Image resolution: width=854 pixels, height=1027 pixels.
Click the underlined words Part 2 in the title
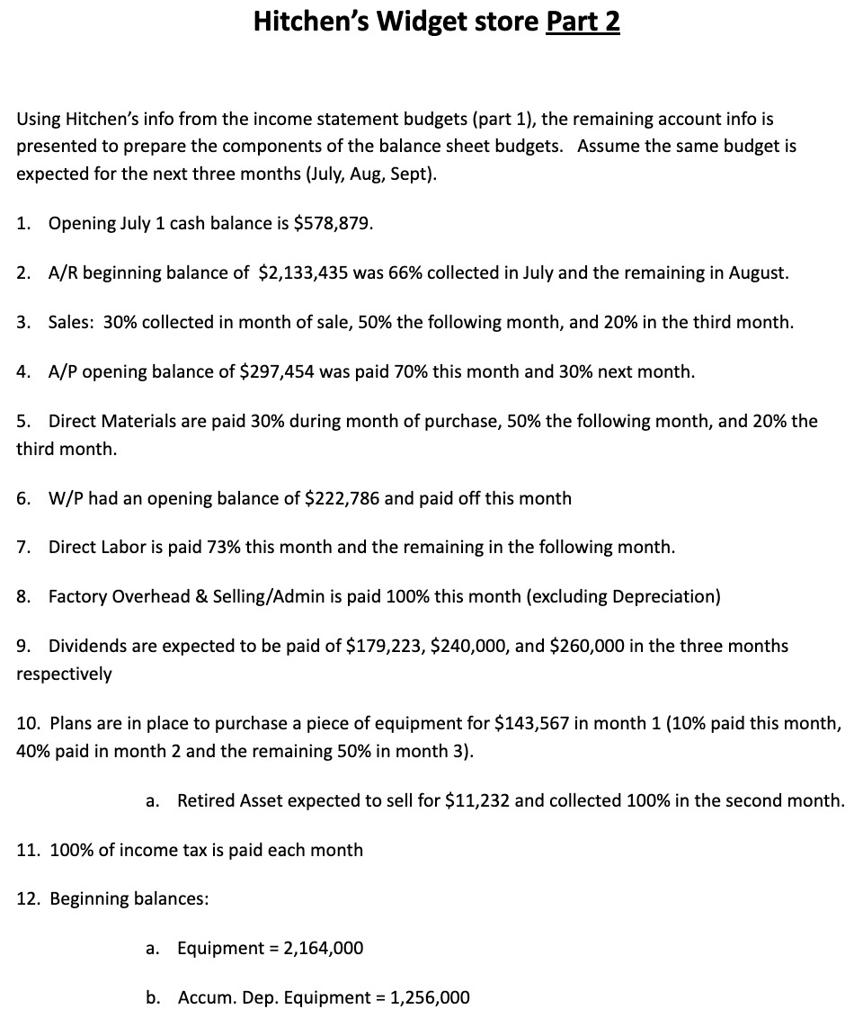[x=583, y=22]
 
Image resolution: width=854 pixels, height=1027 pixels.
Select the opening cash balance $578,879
[x=334, y=224]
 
